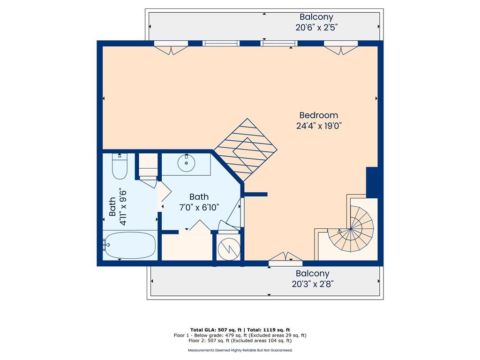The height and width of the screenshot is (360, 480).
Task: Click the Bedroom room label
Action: pyautogui.click(x=318, y=115)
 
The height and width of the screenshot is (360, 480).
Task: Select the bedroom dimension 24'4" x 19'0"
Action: pyautogui.click(x=318, y=126)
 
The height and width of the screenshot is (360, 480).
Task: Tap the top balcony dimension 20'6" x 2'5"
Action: pyautogui.click(x=316, y=28)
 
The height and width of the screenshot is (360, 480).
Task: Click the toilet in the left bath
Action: pyautogui.click(x=120, y=167)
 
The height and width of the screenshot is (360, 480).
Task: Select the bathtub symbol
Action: pyautogui.click(x=129, y=245)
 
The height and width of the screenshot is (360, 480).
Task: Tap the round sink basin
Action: pyautogui.click(x=187, y=164)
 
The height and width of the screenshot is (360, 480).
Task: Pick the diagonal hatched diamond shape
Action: pyautogui.click(x=245, y=150)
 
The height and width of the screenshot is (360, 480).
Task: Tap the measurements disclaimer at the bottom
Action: pyautogui.click(x=240, y=350)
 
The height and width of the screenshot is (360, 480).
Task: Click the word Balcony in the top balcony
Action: pyautogui.click(x=316, y=17)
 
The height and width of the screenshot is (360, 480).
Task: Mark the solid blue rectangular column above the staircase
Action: pyautogui.click(x=372, y=182)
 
